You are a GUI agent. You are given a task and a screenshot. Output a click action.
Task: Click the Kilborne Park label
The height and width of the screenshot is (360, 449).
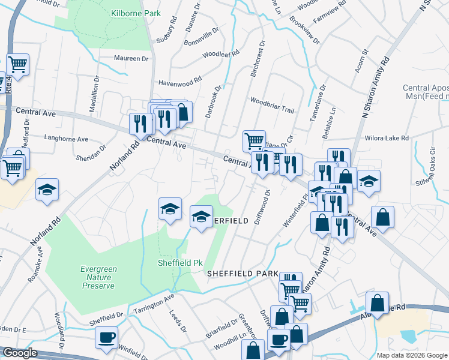128,12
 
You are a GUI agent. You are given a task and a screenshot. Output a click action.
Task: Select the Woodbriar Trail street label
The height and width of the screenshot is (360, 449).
272,101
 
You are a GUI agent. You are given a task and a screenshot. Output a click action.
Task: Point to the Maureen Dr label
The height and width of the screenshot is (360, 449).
131,58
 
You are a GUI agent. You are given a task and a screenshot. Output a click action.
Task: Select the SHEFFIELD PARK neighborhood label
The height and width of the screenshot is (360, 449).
243,273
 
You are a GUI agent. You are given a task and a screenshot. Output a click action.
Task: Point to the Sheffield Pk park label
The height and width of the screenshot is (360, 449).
179,263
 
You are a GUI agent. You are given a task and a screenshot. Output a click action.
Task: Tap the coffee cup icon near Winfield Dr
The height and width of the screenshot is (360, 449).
106,337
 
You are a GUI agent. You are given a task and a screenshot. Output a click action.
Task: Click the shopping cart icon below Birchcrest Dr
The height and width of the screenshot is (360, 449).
254,141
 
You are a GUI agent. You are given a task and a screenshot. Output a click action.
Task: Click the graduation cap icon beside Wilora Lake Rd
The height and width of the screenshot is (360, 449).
369,181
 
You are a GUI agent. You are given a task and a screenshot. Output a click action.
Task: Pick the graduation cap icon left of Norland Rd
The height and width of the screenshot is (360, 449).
46,189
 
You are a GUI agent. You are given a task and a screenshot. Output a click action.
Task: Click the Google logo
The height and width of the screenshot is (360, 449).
19,353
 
